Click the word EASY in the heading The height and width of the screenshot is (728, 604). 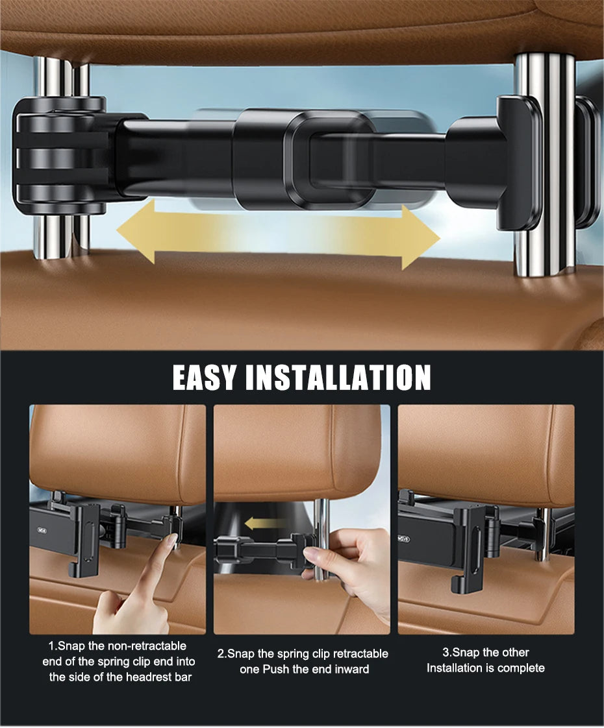(205, 377)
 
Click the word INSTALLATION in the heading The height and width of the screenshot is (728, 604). (338, 377)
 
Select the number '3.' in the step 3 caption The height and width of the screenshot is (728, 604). (447, 652)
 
